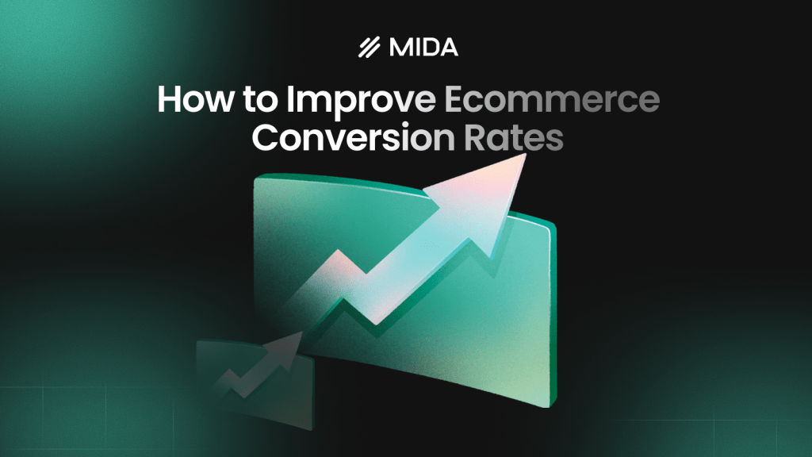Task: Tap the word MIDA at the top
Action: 423,48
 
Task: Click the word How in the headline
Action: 189,103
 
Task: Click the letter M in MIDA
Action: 400,48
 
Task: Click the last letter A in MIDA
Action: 449,48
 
